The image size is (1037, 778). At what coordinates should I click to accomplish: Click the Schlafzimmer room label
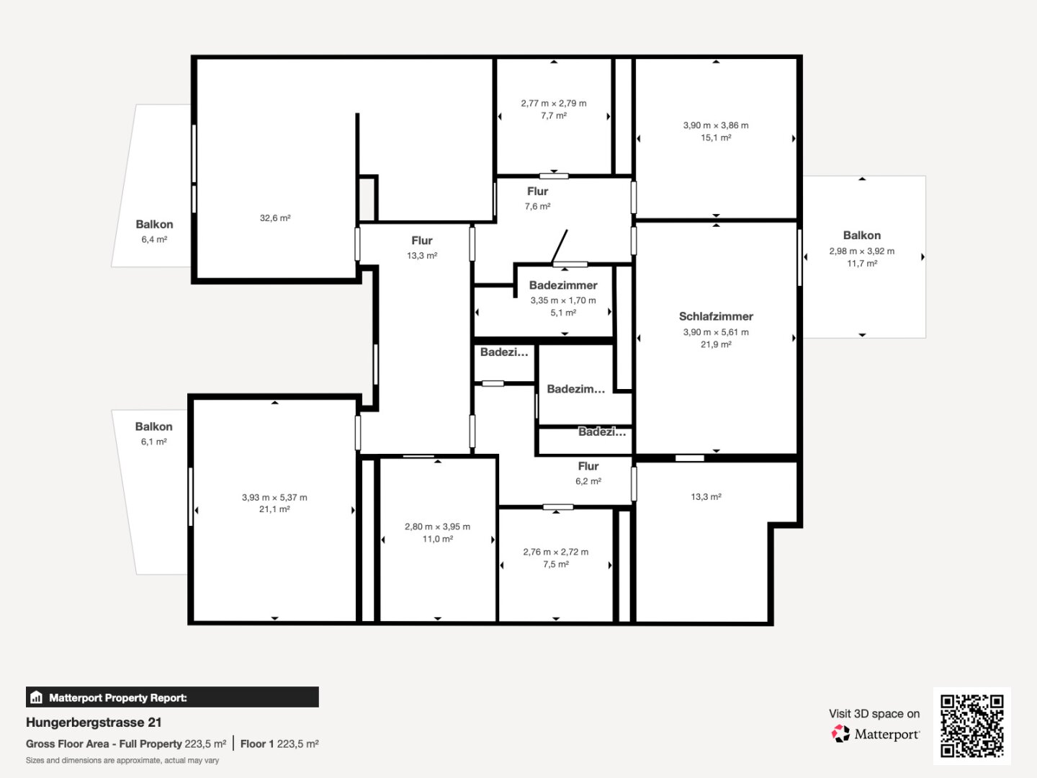coord(716,316)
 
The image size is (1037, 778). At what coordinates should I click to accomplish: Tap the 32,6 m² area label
coord(275,218)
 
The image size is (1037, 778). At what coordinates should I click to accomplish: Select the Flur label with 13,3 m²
coord(422,241)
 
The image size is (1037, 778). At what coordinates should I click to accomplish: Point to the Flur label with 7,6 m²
coord(538,192)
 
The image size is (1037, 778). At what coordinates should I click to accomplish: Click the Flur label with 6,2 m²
coord(588,466)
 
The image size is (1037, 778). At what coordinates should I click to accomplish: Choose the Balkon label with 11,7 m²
coord(862,236)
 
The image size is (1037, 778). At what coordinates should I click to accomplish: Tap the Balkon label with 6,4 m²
coord(154,224)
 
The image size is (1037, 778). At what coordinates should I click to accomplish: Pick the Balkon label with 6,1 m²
coord(153,426)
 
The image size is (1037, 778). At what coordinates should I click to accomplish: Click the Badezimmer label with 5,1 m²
coord(563,285)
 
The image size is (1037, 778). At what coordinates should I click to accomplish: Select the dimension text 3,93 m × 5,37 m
coord(274,497)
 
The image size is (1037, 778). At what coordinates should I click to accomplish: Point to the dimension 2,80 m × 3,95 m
coord(437,527)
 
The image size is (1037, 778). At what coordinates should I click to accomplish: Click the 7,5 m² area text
coord(555,565)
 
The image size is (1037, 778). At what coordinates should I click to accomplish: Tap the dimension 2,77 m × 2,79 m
coord(554,104)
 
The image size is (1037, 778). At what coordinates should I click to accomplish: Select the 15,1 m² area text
coord(716,138)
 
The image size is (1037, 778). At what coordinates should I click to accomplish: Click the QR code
coord(971,725)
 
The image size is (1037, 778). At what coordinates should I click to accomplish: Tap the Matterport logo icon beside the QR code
coord(840,733)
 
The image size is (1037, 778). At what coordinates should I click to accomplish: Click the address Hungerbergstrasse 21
coord(94,723)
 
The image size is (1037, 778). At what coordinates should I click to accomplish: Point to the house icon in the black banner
coord(37,697)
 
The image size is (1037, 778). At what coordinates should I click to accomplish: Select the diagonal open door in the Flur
coord(560,246)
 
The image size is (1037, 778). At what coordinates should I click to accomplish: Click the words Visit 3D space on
coord(874,714)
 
